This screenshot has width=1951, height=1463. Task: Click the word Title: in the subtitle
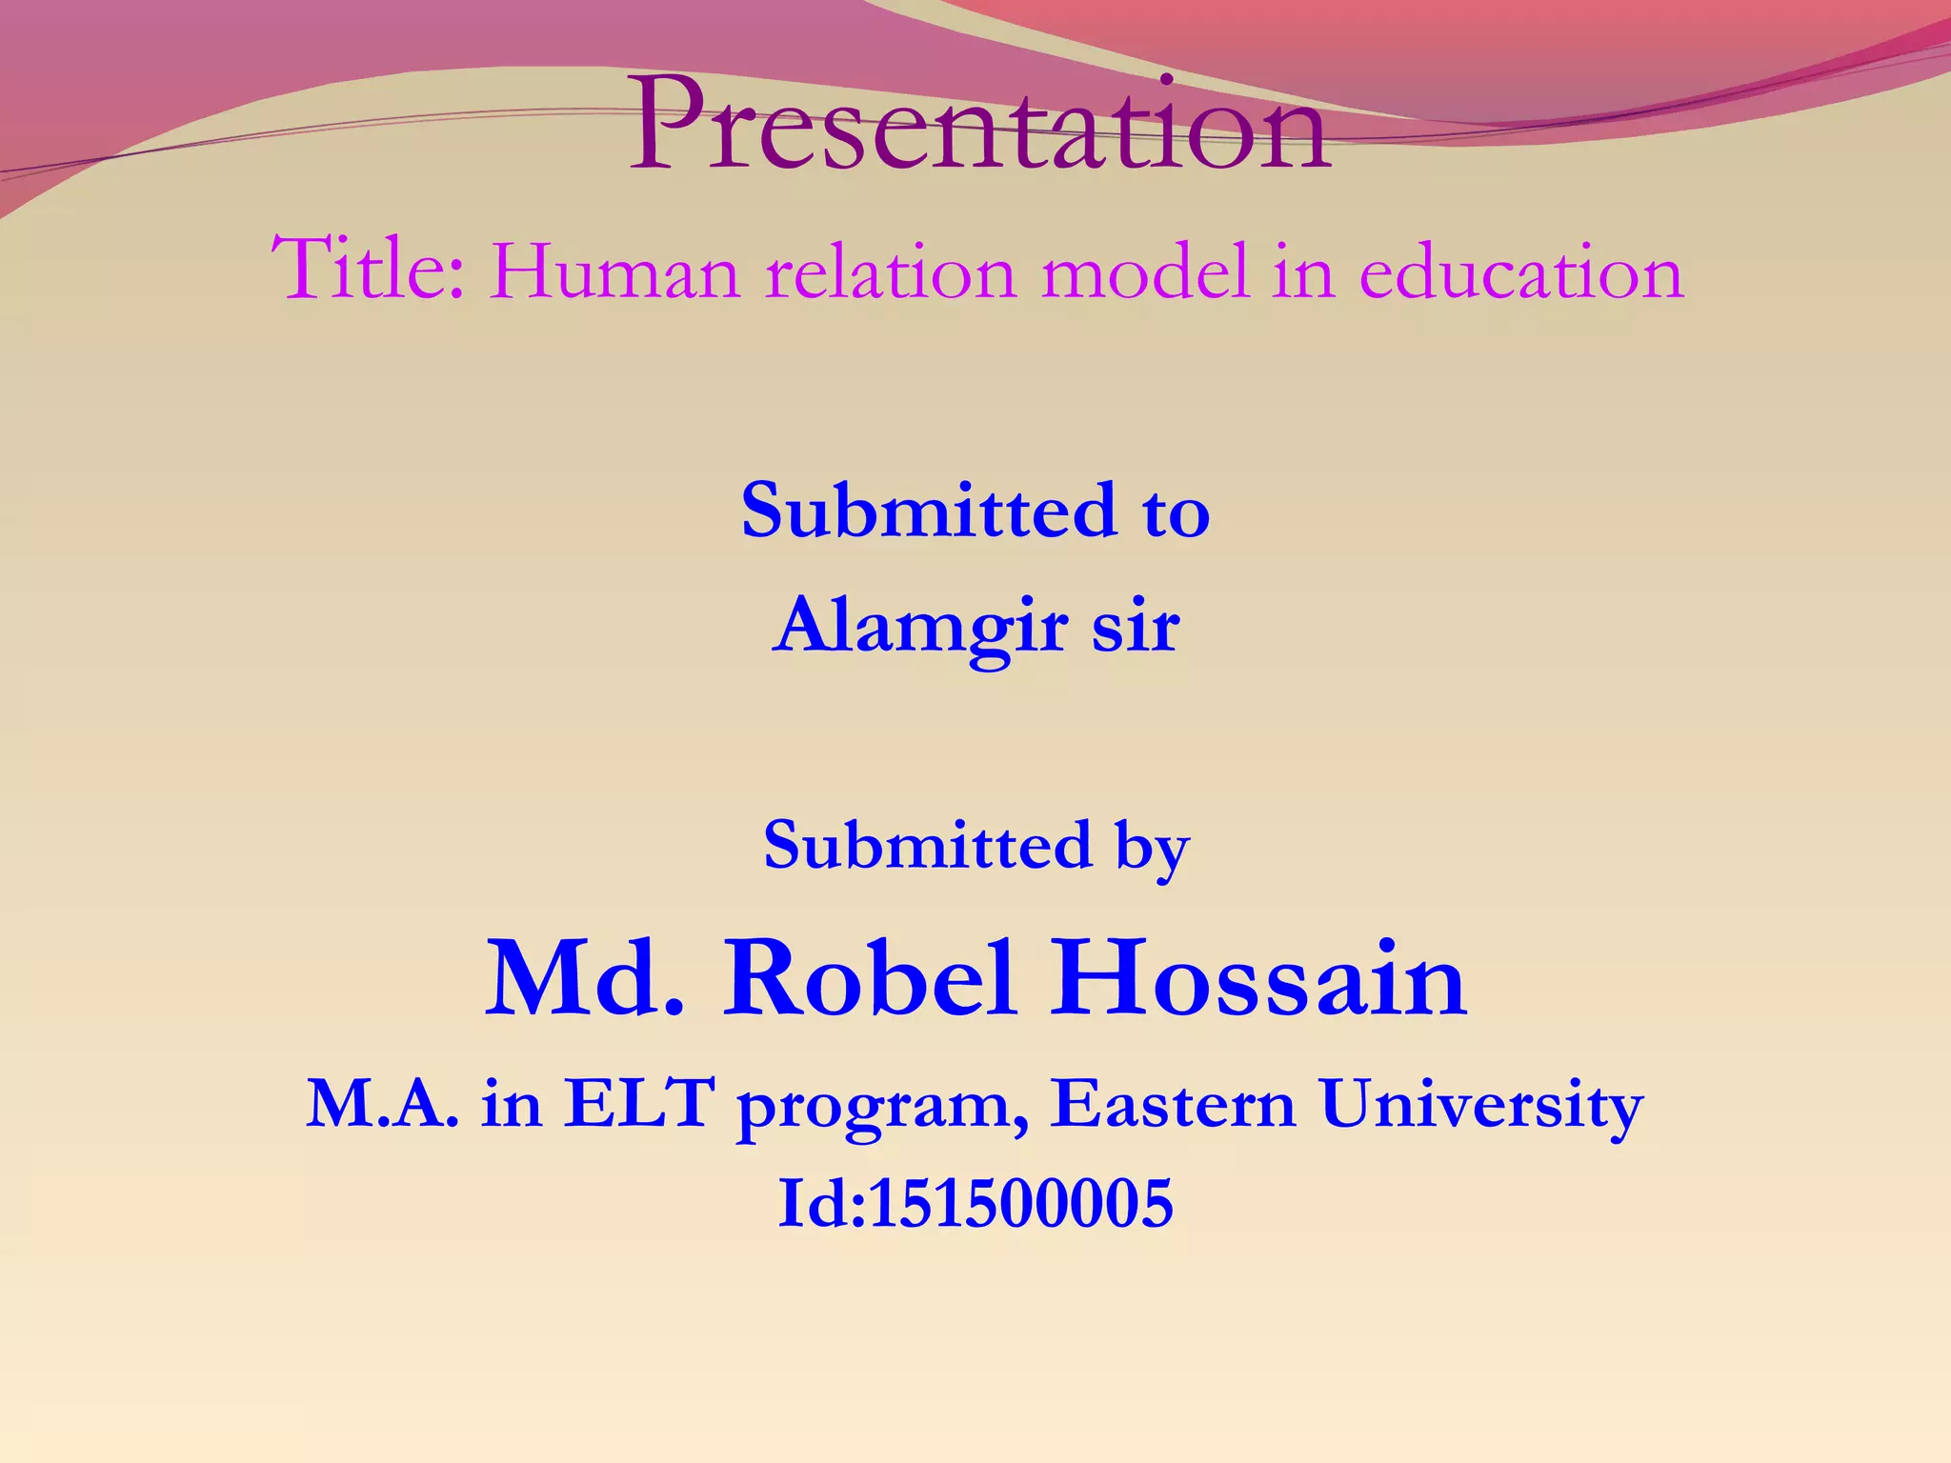pos(370,271)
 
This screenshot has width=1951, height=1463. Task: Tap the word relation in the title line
pos(891,273)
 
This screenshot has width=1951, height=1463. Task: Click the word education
pos(1521,273)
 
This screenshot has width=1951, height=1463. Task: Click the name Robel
pos(869,979)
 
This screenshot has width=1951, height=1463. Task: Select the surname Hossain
pos(1257,979)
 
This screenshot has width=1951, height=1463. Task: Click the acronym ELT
pos(638,1105)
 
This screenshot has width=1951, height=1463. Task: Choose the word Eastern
pos(1174,1105)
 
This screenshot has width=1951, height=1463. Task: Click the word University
pos(1482,1107)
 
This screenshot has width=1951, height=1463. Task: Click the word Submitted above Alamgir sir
pos(928,511)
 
